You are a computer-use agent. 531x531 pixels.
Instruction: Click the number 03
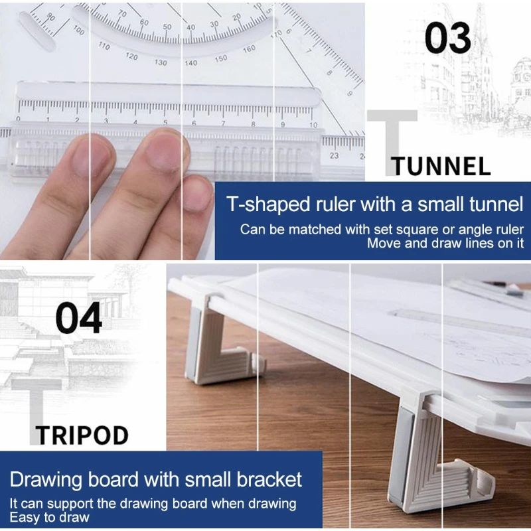click(448, 38)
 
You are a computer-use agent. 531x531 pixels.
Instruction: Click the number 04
click(79, 318)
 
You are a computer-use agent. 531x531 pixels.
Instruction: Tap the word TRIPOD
click(82, 435)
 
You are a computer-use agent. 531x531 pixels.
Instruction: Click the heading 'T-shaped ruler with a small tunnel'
click(375, 204)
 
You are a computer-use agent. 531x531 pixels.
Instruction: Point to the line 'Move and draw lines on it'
click(445, 243)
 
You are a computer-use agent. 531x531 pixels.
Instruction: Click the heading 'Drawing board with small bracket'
click(156, 479)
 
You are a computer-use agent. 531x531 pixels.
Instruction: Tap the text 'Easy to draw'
click(49, 517)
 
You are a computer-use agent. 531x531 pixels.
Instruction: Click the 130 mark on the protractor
click(161, 62)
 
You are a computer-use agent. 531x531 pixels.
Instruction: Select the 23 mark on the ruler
click(334, 156)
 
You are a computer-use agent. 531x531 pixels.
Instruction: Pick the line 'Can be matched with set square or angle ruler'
click(382, 230)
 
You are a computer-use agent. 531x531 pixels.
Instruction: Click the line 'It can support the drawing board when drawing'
click(153, 504)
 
